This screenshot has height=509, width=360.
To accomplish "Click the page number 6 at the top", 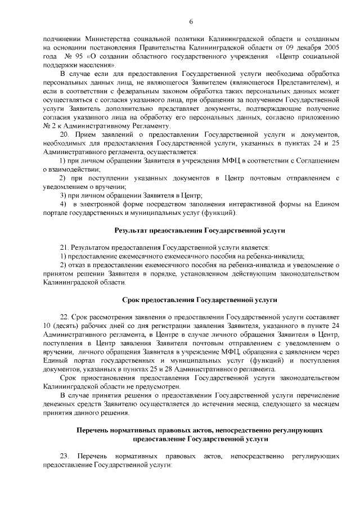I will [191, 21].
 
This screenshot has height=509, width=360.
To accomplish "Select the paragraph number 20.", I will [64, 136].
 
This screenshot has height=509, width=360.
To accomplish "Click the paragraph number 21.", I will [64, 247].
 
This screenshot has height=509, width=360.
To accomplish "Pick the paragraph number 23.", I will [64, 454].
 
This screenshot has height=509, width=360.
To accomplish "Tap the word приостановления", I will [98, 379].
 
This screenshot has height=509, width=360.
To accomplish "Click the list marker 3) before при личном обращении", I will [63, 195].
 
